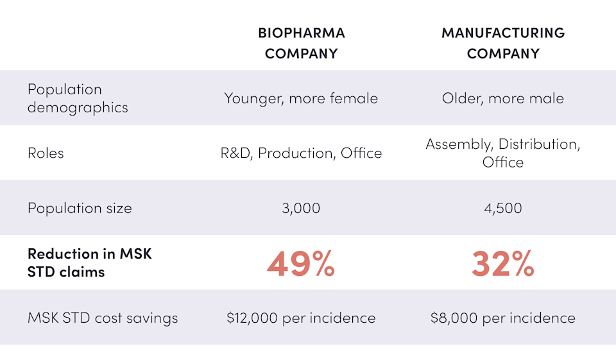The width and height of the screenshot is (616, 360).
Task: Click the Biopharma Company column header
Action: coord(301,43)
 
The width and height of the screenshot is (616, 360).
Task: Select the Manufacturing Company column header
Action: coord(503,43)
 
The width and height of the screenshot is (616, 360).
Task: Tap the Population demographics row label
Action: coord(78,98)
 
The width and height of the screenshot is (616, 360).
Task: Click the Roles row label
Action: coord(46,153)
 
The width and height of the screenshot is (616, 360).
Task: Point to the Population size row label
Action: coord(80,209)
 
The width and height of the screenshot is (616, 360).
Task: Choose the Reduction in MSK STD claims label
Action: coord(90,262)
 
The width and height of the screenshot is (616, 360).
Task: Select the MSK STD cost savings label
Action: coord(103,318)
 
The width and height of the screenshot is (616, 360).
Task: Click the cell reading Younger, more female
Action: coord(301,98)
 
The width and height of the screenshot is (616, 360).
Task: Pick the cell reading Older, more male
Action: coord(503,98)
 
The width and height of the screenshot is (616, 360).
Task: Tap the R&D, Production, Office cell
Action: coord(301,153)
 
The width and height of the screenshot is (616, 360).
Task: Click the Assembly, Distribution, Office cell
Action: coord(503,153)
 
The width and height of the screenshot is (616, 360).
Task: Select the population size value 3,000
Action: coord(301,209)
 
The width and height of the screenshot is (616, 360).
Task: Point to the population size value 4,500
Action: coord(503,209)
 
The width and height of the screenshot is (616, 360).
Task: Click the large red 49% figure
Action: coord(301,263)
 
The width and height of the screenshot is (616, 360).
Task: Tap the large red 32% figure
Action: coord(503,263)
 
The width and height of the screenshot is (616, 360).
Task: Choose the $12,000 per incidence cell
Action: coord(301,318)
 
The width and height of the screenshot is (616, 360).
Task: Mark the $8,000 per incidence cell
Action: coord(503,318)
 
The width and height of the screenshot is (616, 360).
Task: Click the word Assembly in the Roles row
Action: coord(459,144)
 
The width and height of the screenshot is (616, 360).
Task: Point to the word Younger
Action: coord(253,98)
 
